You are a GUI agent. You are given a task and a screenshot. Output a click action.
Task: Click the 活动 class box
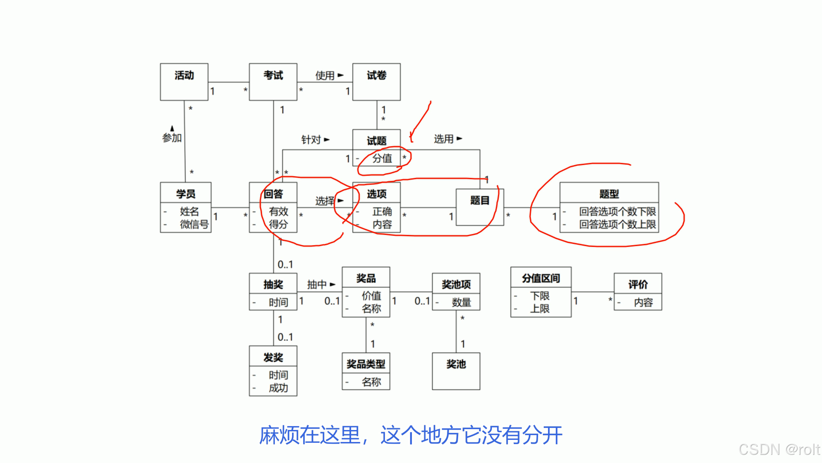coord(184,81)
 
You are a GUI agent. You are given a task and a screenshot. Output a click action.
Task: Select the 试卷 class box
coord(376,81)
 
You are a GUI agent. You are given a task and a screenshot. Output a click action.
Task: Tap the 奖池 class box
coord(456,371)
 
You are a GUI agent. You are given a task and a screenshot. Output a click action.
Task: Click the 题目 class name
coord(479,201)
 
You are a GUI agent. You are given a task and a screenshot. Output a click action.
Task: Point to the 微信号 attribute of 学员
coord(194,224)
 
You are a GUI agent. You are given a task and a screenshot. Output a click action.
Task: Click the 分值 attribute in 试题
coord(382,159)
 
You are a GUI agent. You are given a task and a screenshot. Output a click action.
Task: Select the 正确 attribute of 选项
coord(382,211)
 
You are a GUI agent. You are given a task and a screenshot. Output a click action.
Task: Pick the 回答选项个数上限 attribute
coord(617,224)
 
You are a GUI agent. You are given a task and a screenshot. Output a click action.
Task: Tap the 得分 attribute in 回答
coord(278,224)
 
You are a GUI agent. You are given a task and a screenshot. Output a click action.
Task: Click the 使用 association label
coord(325,75)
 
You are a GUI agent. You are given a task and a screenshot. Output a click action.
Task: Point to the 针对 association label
coord(311,140)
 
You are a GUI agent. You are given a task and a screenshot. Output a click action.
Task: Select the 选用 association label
coord(444,139)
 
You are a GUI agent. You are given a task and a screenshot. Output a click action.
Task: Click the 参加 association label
coord(172,138)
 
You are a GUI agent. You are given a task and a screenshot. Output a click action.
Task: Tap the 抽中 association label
coord(317,285)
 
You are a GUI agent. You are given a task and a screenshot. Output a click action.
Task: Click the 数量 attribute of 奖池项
coord(461,303)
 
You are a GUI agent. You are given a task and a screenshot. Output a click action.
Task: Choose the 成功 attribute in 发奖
coord(278,388)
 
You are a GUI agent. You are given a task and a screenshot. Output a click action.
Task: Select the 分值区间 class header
coord(541,279)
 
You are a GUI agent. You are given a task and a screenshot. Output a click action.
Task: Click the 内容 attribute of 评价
coord(643,303)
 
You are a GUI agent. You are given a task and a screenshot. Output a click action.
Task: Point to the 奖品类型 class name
coord(366,364)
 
